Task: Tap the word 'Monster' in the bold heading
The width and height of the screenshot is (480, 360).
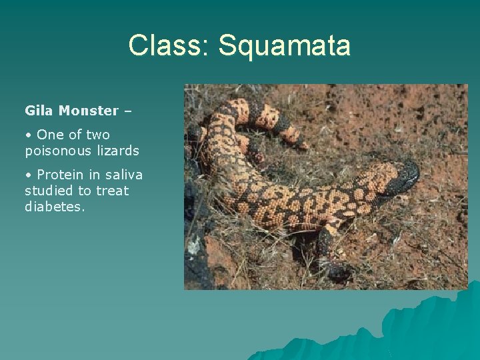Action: point(89,110)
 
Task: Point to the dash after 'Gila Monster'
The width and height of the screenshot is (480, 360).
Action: point(127,111)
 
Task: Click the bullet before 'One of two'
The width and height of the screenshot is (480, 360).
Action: point(28,135)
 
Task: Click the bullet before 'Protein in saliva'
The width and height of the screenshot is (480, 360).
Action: point(28,175)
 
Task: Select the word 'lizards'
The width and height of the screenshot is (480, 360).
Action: point(117,151)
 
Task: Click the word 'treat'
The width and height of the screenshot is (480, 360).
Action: point(112,191)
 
